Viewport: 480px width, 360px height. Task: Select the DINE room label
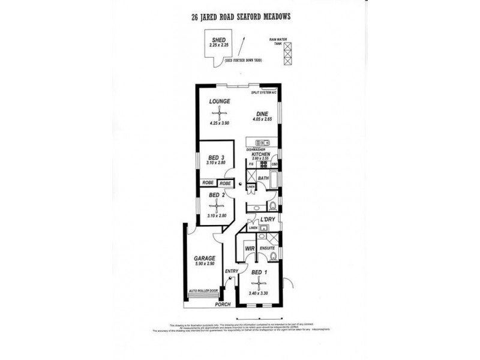pyautogui.click(x=262, y=113)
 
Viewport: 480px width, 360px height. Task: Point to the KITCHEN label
pyautogui.click(x=262, y=154)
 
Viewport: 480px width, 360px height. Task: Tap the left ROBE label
pyautogui.click(x=208, y=183)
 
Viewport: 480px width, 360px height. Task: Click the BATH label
pyautogui.click(x=262, y=178)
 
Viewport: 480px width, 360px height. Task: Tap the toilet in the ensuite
pyautogui.click(x=274, y=256)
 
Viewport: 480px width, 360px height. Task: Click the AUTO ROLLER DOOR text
pyautogui.click(x=203, y=290)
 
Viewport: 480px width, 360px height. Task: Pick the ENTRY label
pyautogui.click(x=231, y=271)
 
